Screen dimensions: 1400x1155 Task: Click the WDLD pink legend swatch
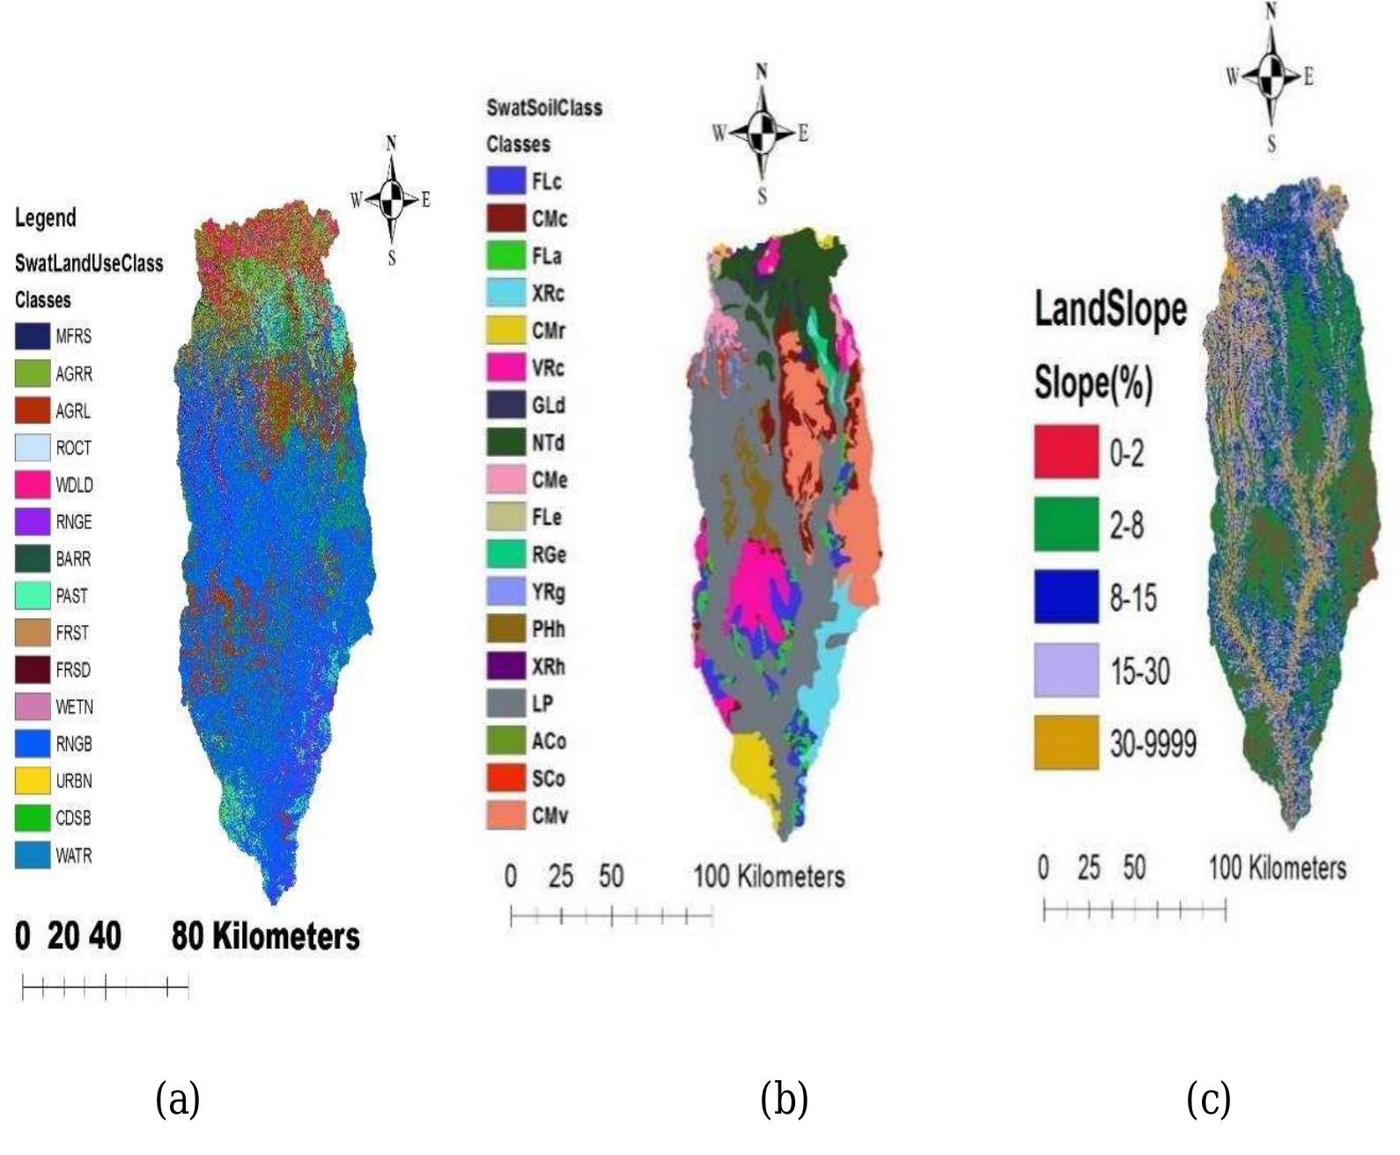32,484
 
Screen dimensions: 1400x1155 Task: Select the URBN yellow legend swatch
32,780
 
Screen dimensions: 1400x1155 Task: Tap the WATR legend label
74,856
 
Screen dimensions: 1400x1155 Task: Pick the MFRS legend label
74,336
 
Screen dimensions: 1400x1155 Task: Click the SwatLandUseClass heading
89,263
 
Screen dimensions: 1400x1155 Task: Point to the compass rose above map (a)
392,199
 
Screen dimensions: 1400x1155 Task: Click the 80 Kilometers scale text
265,936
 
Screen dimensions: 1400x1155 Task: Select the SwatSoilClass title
544,108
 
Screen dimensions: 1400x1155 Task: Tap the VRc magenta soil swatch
506,368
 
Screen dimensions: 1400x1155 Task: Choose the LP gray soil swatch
506,703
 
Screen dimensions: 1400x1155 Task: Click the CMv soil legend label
549,816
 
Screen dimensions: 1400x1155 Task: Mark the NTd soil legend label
548,443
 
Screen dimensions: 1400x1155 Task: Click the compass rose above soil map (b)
762,133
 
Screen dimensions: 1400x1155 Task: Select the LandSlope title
1109,310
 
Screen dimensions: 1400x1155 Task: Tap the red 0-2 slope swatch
1066,452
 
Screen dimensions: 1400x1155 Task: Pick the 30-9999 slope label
1153,745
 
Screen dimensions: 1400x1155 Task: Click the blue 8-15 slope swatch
1066,598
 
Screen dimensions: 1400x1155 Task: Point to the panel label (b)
784,1100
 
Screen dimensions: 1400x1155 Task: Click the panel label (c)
1208,1100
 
